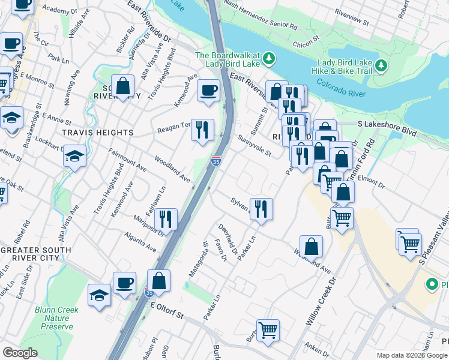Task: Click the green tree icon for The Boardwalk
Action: [270, 58]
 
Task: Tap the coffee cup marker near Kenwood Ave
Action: [208, 91]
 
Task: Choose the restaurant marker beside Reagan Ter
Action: [202, 128]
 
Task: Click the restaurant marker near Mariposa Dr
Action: [166, 219]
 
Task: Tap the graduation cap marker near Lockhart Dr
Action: [74, 157]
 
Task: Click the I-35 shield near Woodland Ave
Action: [216, 160]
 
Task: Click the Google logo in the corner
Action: [20, 353]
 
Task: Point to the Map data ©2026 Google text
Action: [411, 355]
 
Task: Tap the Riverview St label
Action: [352, 16]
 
